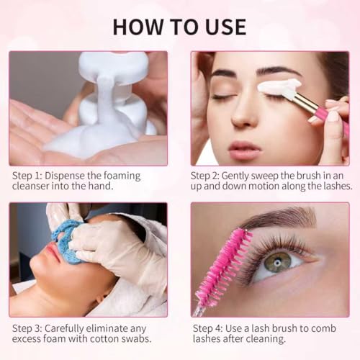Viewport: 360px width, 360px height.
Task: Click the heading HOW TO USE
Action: (179, 27)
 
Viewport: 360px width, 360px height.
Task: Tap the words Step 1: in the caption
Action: (27, 176)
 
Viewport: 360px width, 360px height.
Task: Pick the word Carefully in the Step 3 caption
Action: (64, 329)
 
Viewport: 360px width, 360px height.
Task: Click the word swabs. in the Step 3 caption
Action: (138, 339)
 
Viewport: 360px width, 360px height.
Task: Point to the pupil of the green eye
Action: (278, 263)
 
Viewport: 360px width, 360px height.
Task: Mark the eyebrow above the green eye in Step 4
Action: (279, 220)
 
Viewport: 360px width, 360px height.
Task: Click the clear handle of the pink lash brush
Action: (197, 310)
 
